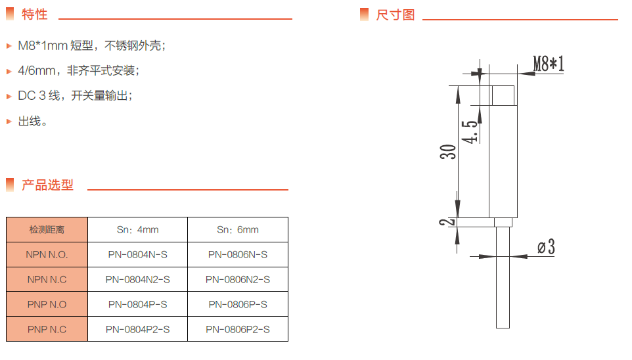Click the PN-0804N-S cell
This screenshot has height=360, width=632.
(138, 254)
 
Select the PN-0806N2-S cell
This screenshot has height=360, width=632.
(238, 279)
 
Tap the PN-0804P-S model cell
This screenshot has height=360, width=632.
(138, 304)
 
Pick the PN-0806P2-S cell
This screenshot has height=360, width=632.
(238, 329)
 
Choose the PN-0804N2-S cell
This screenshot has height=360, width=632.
(138, 279)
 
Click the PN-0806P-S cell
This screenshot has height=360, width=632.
(238, 304)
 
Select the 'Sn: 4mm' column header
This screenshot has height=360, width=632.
(138, 229)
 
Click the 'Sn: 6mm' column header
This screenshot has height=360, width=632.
(238, 229)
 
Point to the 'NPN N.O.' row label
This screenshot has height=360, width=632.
(47, 254)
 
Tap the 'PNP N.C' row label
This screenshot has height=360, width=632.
(47, 329)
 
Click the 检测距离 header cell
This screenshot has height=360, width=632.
(47, 229)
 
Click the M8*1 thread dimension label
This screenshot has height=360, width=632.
(549, 64)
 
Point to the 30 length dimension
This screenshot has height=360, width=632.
(448, 152)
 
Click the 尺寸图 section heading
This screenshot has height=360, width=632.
(395, 14)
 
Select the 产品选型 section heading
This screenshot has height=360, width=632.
(47, 185)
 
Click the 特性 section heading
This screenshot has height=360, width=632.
(34, 14)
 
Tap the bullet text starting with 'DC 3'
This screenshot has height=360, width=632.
(76, 96)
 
